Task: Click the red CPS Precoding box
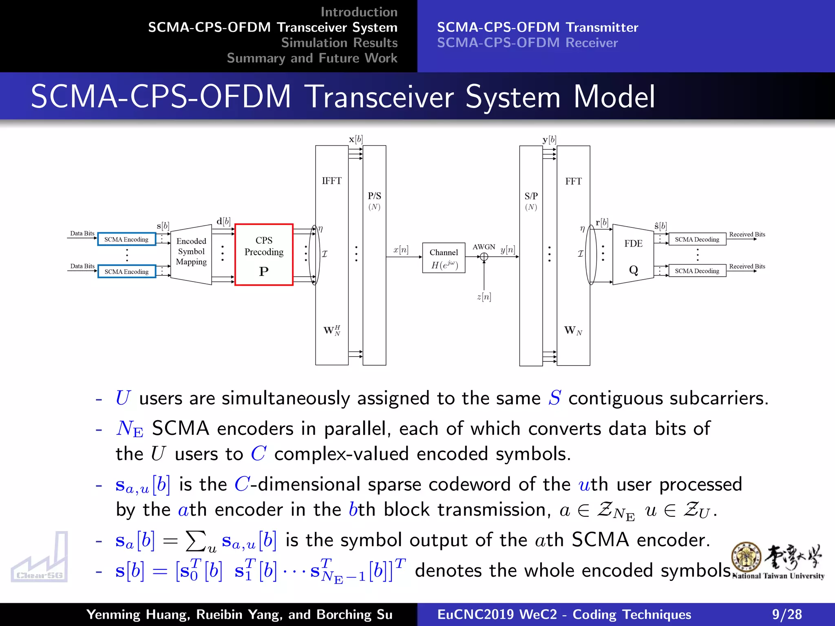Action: [264, 255]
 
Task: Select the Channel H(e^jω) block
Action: [444, 258]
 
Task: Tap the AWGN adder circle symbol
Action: [484, 257]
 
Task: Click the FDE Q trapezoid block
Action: [633, 255]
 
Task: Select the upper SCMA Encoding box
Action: [126, 239]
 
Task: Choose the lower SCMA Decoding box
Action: [697, 271]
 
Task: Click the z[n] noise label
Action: [484, 297]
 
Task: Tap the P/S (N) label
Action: [374, 201]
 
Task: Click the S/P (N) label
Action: [531, 201]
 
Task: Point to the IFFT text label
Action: [331, 181]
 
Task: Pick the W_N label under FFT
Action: [573, 331]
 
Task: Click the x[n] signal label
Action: [401, 249]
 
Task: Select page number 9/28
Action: [786, 614]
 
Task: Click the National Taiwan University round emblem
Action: [746, 557]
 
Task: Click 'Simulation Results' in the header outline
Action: [339, 43]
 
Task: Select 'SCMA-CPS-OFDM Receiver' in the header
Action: [527, 43]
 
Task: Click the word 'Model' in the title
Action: [614, 97]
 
